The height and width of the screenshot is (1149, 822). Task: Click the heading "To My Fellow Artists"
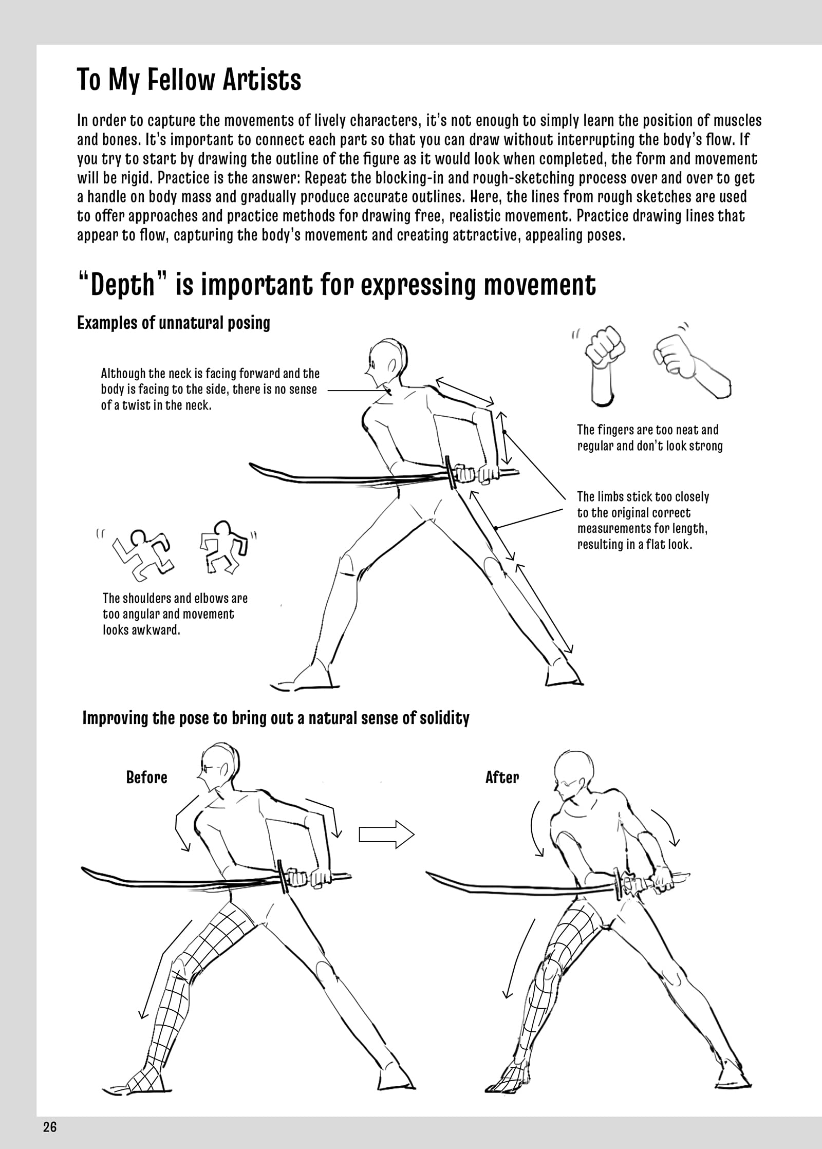189,80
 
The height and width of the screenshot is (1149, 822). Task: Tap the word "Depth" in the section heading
122,285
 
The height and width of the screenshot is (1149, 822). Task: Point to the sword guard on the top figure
451,472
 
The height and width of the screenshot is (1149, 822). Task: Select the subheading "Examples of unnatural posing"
173,323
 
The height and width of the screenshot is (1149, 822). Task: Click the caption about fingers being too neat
650,437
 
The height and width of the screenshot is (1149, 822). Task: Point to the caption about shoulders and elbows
175,614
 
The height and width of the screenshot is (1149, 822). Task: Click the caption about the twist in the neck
210,389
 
